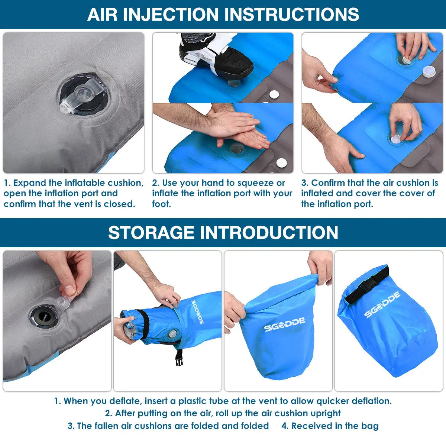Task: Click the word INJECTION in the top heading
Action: tap(170, 14)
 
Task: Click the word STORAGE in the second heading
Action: tap(151, 232)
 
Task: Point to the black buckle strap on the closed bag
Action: tap(367, 285)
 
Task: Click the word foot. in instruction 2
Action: tap(161, 204)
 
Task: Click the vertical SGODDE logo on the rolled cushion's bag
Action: tap(197, 312)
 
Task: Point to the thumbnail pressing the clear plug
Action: tap(69, 290)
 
